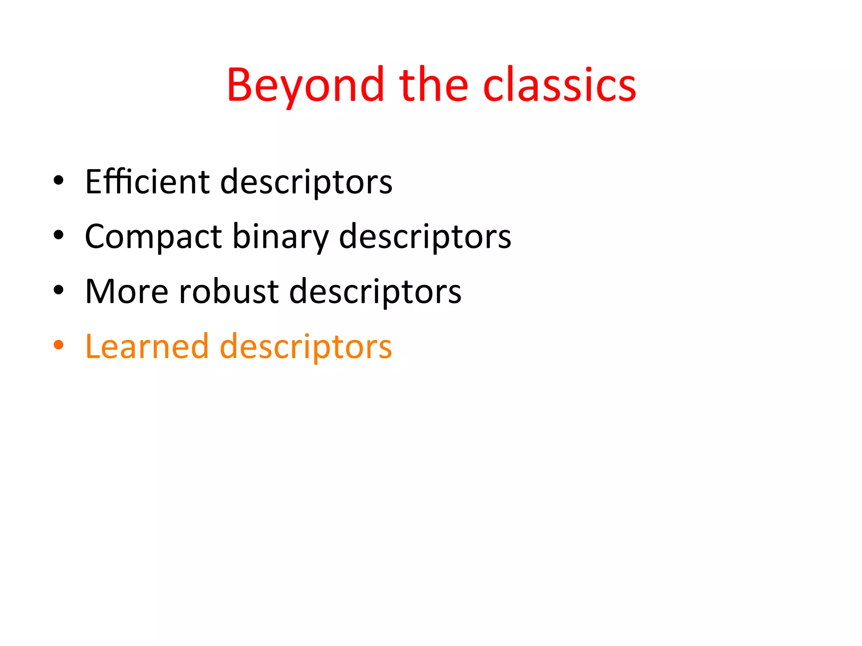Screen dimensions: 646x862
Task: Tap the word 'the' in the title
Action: pyautogui.click(x=434, y=85)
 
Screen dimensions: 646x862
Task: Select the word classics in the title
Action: pyautogui.click(x=559, y=85)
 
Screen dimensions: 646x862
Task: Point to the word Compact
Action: pyautogui.click(x=153, y=236)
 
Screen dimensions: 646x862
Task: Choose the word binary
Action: pyautogui.click(x=280, y=236)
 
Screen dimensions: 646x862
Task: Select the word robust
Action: pyautogui.click(x=229, y=291)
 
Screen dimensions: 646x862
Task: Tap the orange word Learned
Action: pyautogui.click(x=147, y=347)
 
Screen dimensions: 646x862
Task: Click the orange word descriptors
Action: pyautogui.click(x=306, y=347)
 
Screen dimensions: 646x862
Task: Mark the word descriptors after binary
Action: pyautogui.click(x=425, y=236)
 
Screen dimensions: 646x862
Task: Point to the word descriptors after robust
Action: pyautogui.click(x=375, y=291)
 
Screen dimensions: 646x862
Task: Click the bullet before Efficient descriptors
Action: pyautogui.click(x=59, y=181)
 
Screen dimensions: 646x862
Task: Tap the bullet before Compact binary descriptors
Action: pyautogui.click(x=59, y=236)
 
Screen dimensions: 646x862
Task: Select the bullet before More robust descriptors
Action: pyautogui.click(x=59, y=290)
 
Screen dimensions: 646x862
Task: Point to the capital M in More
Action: pyautogui.click(x=100, y=291)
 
